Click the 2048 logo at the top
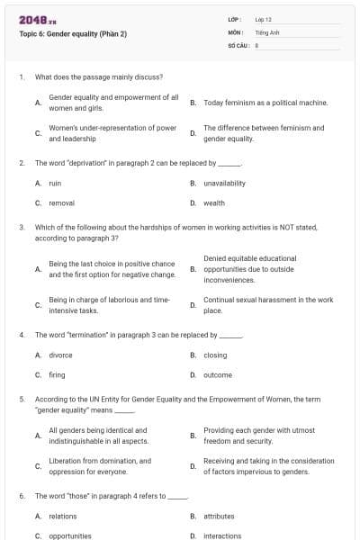[37, 19]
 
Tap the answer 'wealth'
[214, 202]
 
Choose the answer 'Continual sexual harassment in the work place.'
[268, 305]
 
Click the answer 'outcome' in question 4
[218, 374]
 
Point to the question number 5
[22, 397]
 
